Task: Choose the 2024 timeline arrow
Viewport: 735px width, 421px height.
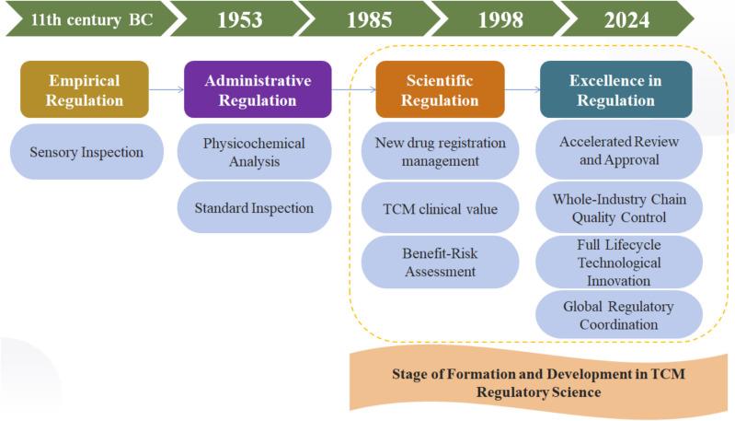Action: pos(626,18)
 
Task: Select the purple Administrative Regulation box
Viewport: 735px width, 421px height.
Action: pos(258,89)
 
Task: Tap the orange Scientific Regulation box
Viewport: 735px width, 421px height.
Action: pos(440,89)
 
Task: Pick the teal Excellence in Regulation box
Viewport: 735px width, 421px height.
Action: pos(616,89)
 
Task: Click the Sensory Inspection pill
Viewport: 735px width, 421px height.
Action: pos(87,151)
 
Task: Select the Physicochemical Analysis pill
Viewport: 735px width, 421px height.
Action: pos(254,152)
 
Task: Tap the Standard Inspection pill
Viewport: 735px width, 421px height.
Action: pos(254,207)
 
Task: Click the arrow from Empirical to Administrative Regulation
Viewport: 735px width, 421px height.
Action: pos(166,89)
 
